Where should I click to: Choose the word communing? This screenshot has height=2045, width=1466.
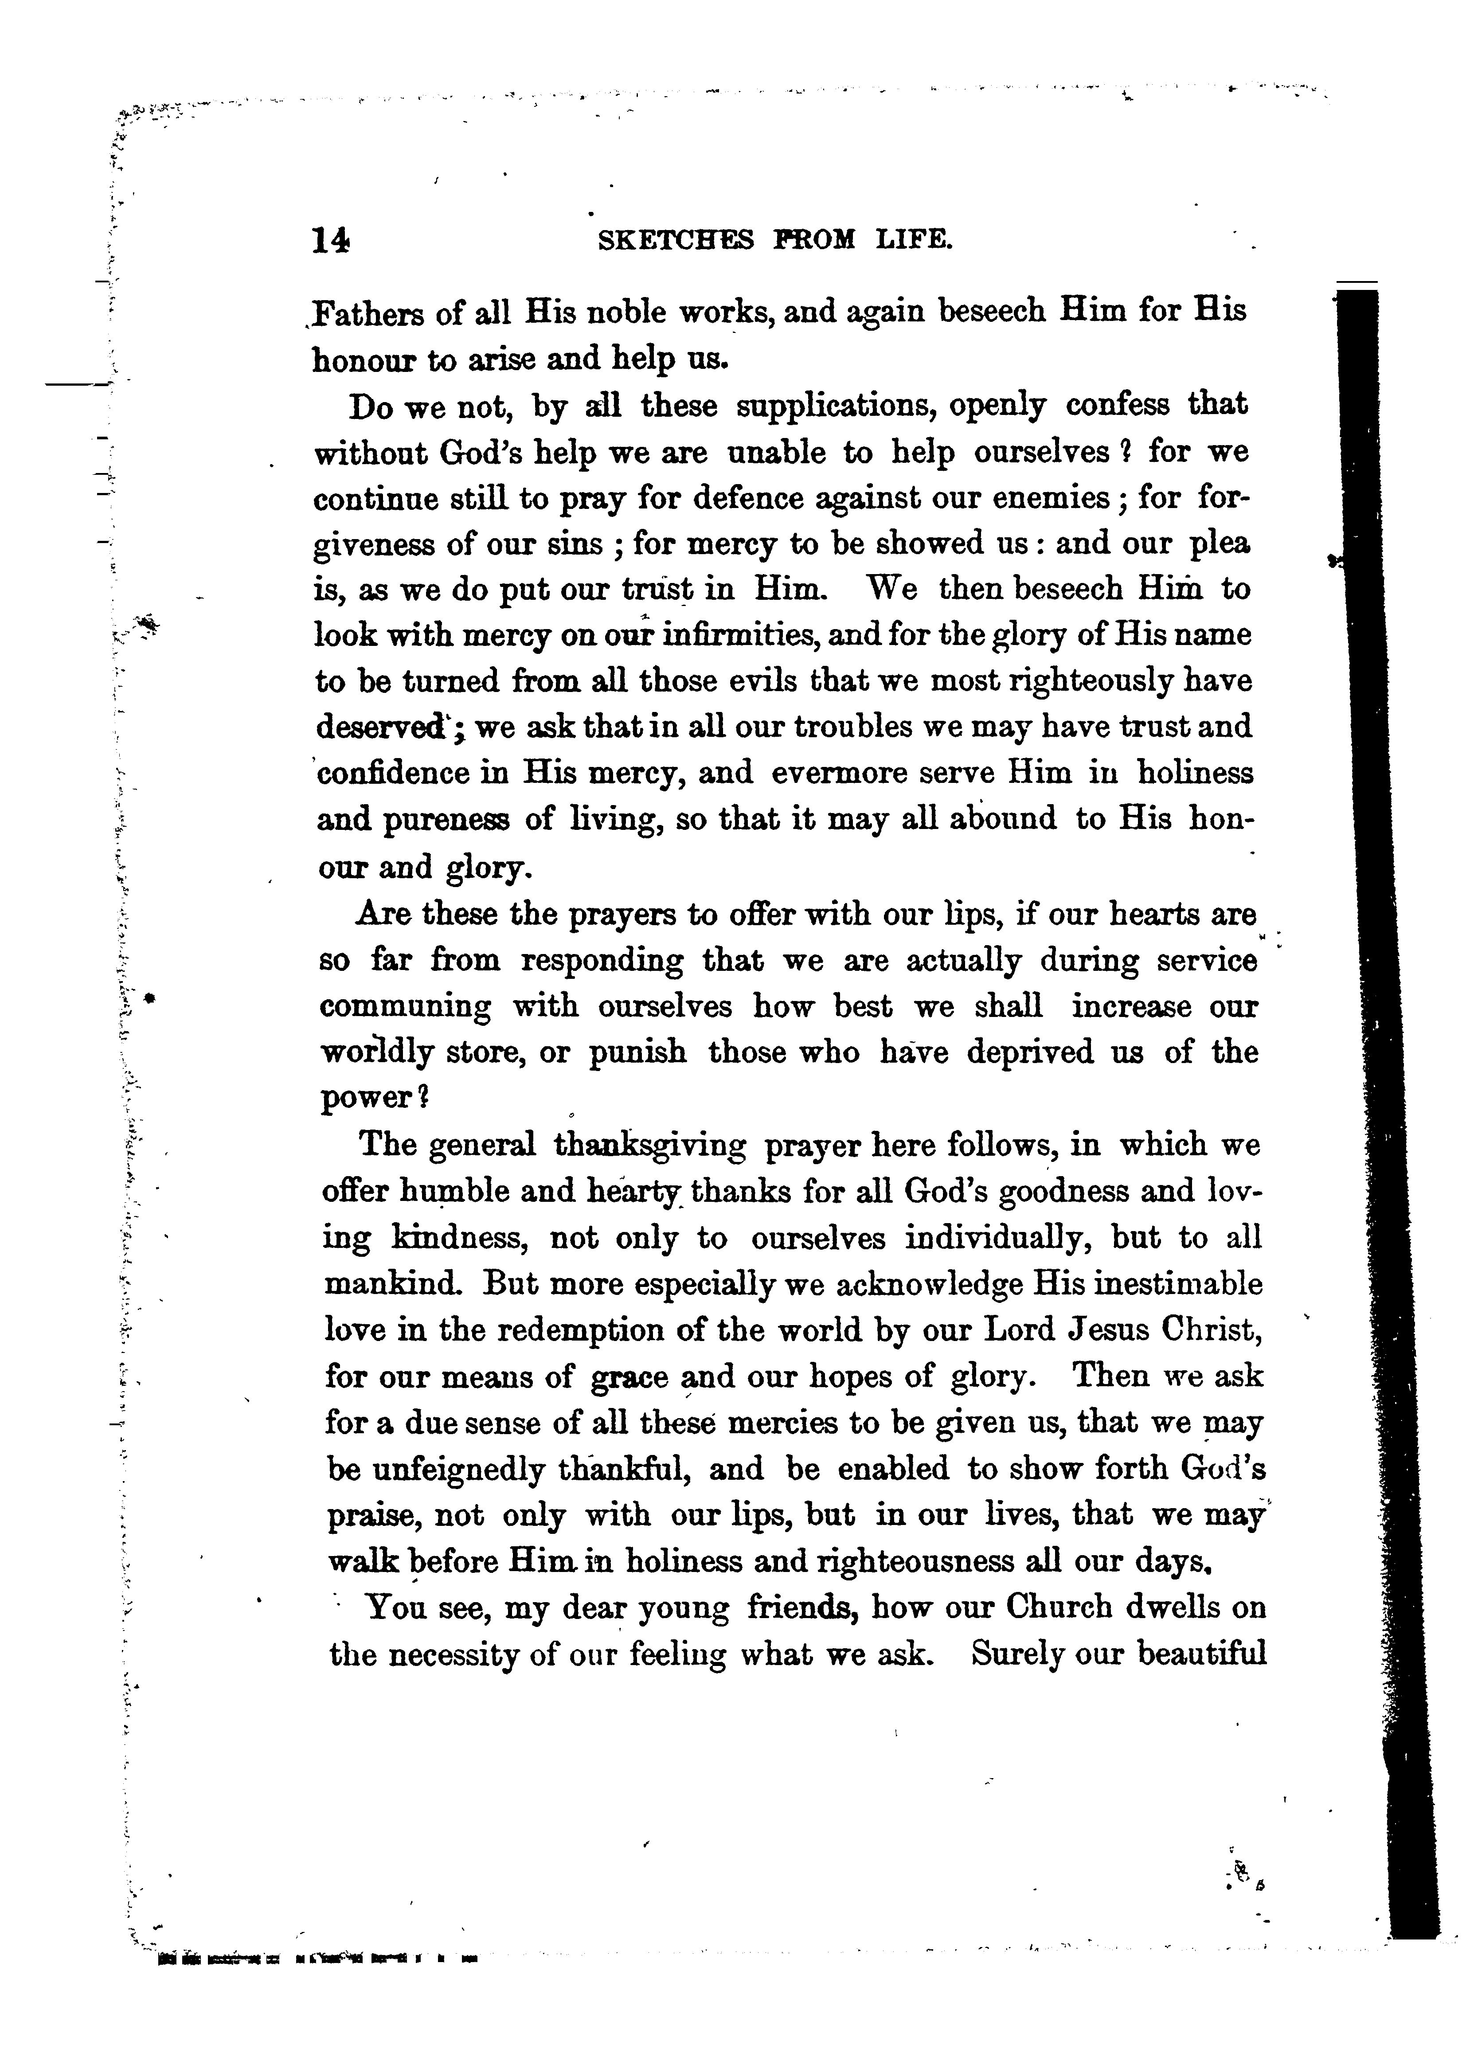click(406, 1006)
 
